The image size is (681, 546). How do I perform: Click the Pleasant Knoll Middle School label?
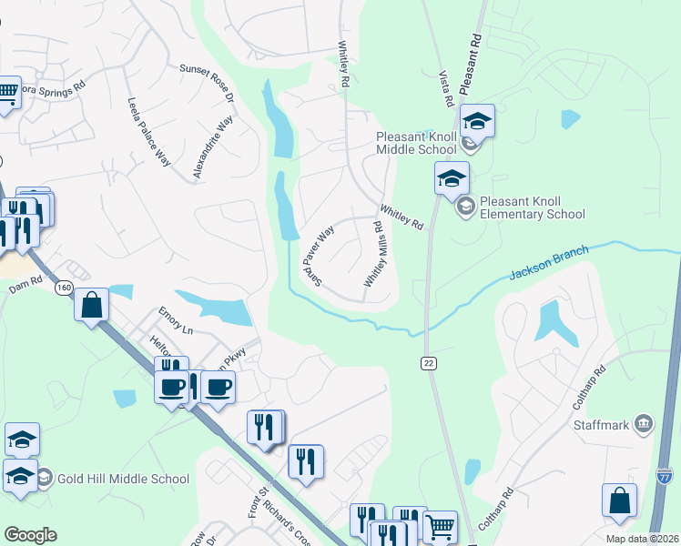pyautogui.click(x=416, y=143)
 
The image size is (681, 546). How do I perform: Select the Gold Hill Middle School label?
pyautogui.click(x=123, y=479)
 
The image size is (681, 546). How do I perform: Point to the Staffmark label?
pyautogui.click(x=602, y=424)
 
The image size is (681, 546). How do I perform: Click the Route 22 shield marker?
pyautogui.click(x=428, y=363)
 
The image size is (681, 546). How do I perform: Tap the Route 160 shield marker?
pyautogui.click(x=63, y=288)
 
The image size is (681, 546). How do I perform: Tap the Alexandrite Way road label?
pyautogui.click(x=213, y=147)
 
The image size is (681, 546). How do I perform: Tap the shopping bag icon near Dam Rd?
pyautogui.click(x=92, y=306)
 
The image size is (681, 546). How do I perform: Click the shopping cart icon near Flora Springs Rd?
pyautogui.click(x=6, y=93)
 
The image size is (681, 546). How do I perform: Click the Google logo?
pyautogui.click(x=30, y=535)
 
